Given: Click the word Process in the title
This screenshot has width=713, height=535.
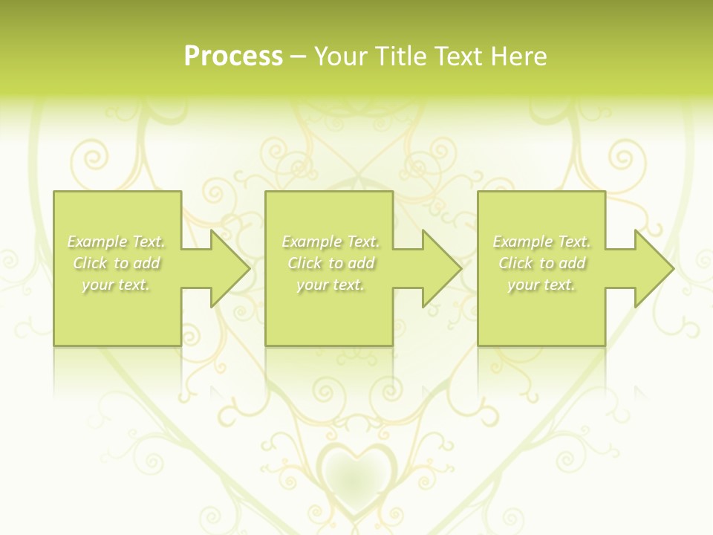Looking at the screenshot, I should [233, 56].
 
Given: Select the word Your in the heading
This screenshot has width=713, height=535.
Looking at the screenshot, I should [342, 56].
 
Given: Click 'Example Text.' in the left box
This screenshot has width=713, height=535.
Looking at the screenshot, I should [117, 241].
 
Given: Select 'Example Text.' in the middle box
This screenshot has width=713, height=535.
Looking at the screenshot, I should [331, 241].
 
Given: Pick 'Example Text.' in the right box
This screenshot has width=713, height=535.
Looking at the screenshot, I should [541, 241].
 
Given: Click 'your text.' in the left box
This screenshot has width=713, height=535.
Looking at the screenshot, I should [116, 285].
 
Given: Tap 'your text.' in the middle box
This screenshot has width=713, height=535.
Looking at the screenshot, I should [331, 285].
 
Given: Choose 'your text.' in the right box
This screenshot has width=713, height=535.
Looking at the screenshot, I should [541, 285].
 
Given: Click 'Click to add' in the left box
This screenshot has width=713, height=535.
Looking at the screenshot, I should [117, 263].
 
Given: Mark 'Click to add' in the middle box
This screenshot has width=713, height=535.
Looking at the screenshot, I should [331, 263].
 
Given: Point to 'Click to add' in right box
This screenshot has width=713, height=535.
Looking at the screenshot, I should [541, 263].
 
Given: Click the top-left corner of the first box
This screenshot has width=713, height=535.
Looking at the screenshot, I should [55, 192].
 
